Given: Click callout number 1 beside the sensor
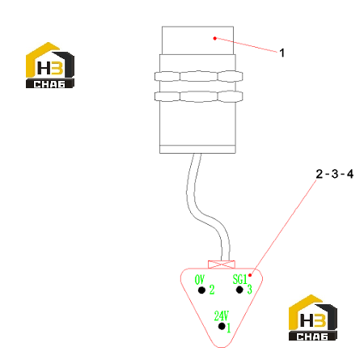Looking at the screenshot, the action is pyautogui.click(x=282, y=53).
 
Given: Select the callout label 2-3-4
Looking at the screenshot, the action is pyautogui.click(x=335, y=174).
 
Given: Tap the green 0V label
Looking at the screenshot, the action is pyautogui.click(x=200, y=280).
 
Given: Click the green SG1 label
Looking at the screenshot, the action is pyautogui.click(x=239, y=279).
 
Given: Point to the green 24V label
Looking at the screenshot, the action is pyautogui.click(x=222, y=316).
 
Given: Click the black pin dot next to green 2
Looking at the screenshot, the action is pyautogui.click(x=201, y=290).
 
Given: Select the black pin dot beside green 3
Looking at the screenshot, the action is pyautogui.click(x=239, y=290).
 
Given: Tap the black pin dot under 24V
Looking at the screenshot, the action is pyautogui.click(x=222, y=326).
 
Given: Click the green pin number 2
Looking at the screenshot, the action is pyautogui.click(x=212, y=290).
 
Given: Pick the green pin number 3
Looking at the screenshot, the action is pyautogui.click(x=249, y=290).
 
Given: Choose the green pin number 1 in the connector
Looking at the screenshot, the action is pyautogui.click(x=229, y=328).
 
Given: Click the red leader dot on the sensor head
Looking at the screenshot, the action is pyautogui.click(x=215, y=38).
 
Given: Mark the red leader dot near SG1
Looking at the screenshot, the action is pyautogui.click(x=250, y=275).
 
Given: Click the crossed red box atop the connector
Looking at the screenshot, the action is pyautogui.click(x=222, y=265).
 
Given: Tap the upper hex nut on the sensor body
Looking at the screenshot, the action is pyautogui.click(x=199, y=76).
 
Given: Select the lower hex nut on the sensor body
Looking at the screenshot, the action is pyautogui.click(x=199, y=96).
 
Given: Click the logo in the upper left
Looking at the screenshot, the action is pyautogui.click(x=50, y=65).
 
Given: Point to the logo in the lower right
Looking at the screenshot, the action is pyautogui.click(x=313, y=317).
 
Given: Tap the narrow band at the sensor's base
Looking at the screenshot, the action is pyautogui.click(x=197, y=149).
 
